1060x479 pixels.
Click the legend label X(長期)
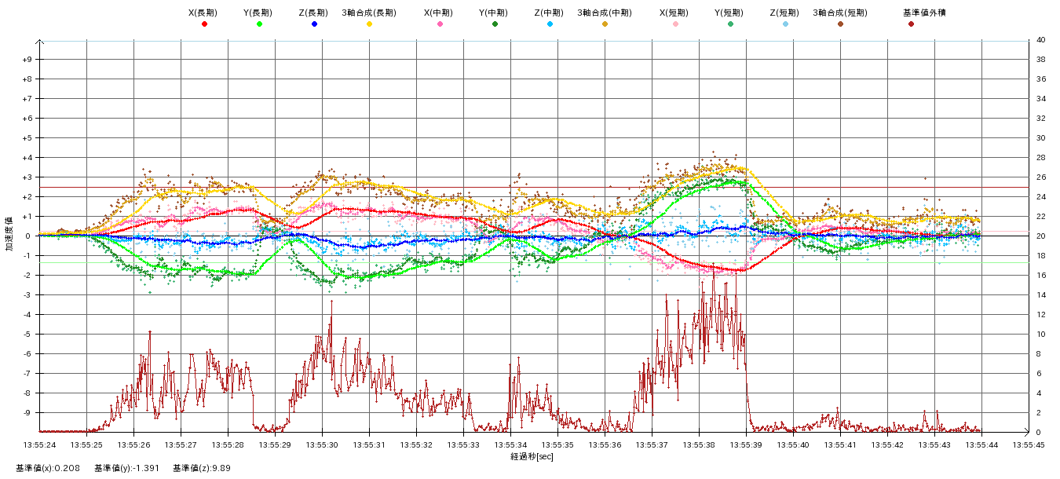[x=203, y=13]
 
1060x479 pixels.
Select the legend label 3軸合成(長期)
[x=368, y=13]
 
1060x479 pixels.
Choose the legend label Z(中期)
[x=549, y=13]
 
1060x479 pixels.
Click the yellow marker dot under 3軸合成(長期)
[x=369, y=24]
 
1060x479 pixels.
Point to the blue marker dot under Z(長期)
[x=314, y=24]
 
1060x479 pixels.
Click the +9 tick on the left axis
[x=27, y=60]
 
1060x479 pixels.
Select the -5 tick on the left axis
[x=27, y=335]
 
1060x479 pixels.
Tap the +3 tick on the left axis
[x=27, y=177]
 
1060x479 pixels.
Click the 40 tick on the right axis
[x=1040, y=40]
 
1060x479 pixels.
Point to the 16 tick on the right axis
[x=1040, y=276]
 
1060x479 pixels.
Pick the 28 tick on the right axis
[x=1040, y=158]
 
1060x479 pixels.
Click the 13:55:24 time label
[x=39, y=444]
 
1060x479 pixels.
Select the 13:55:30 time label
[x=322, y=444]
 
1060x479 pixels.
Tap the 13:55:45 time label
[x=1029, y=444]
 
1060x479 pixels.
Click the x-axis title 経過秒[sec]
[x=532, y=456]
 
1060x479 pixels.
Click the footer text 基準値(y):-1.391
[x=126, y=468]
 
